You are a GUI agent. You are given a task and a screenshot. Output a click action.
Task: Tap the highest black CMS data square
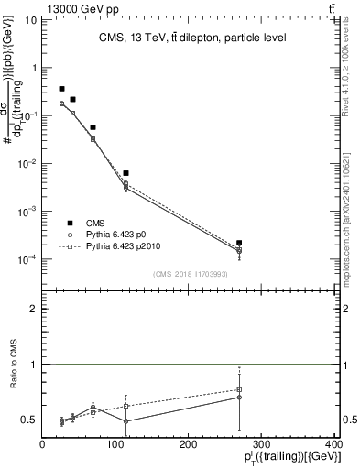(61, 89)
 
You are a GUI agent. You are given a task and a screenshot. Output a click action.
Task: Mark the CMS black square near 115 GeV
(125, 173)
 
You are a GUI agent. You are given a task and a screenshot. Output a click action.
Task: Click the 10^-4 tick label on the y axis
(27, 259)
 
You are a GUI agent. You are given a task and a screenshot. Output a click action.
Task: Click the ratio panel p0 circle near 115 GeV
(125, 421)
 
